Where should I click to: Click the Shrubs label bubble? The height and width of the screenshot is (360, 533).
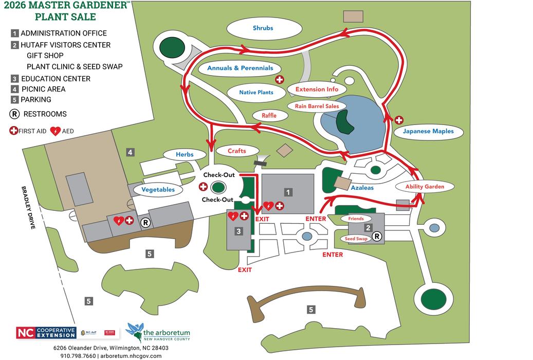(x=263, y=28)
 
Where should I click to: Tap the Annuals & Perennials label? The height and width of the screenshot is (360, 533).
(x=240, y=68)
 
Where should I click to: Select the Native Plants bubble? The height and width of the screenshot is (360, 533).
(x=256, y=93)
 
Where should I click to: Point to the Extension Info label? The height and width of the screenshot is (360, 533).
(x=317, y=89)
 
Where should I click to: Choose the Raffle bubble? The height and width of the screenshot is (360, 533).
(x=269, y=116)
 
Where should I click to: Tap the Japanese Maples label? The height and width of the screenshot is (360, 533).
(x=428, y=131)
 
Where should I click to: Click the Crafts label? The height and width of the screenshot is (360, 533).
(x=237, y=151)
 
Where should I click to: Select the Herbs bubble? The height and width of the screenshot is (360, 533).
(x=185, y=154)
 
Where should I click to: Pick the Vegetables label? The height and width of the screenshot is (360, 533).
(x=158, y=189)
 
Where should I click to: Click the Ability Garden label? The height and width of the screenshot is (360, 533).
(x=425, y=186)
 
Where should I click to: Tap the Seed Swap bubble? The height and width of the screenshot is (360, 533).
(x=356, y=239)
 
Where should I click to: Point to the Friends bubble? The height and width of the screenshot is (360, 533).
(x=356, y=219)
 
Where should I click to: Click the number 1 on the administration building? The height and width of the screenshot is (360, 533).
(x=288, y=192)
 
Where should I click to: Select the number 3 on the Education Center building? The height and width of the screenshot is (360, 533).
(x=238, y=231)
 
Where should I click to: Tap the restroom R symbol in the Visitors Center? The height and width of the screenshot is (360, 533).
(x=377, y=237)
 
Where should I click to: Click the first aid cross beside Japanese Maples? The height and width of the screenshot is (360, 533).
(x=399, y=120)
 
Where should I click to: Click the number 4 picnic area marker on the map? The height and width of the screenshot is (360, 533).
(x=131, y=152)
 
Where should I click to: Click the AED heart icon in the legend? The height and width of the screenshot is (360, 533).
(x=55, y=131)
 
